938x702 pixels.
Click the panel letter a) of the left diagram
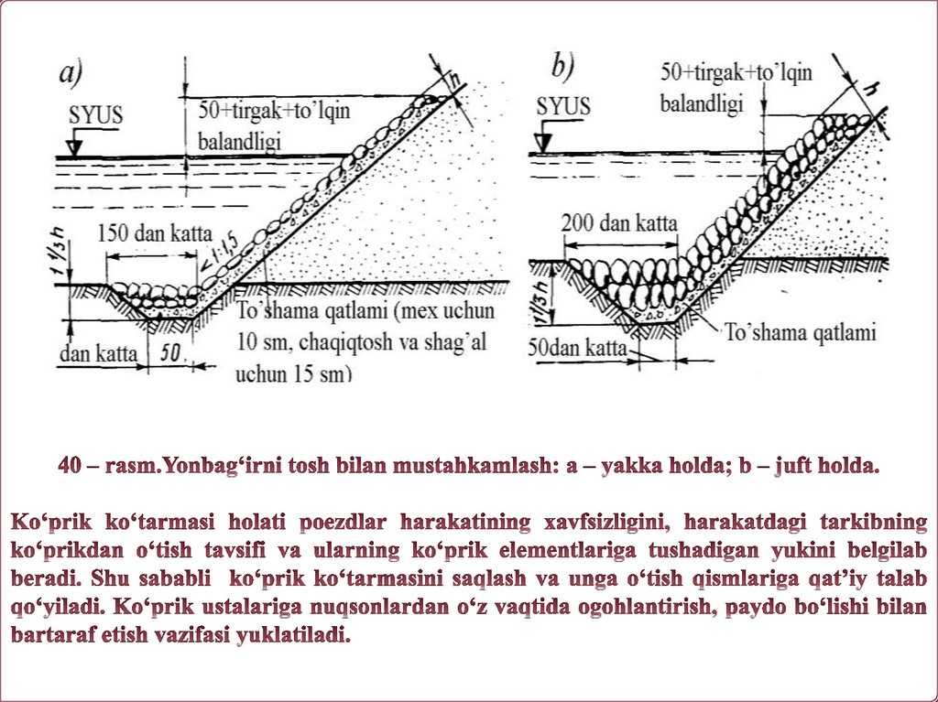[x=71, y=73]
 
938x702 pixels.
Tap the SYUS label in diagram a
[x=95, y=116]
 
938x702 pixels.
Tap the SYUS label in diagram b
[x=563, y=105]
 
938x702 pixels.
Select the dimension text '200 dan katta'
[x=620, y=222]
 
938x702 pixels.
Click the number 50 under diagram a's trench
[x=171, y=353]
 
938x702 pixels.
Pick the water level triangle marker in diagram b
[x=545, y=142]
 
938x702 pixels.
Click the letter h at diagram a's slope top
[x=450, y=78]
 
